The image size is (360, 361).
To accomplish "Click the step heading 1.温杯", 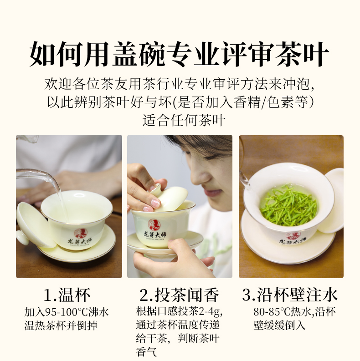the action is point(67,295).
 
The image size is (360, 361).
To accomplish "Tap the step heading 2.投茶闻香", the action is point(179,295).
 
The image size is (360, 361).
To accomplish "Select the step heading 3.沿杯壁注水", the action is point(290,295).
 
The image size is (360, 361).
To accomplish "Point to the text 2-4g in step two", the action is point(210,312).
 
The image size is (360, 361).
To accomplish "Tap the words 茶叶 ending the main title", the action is point(303,54).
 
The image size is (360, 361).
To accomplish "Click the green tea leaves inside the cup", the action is point(288,205).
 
